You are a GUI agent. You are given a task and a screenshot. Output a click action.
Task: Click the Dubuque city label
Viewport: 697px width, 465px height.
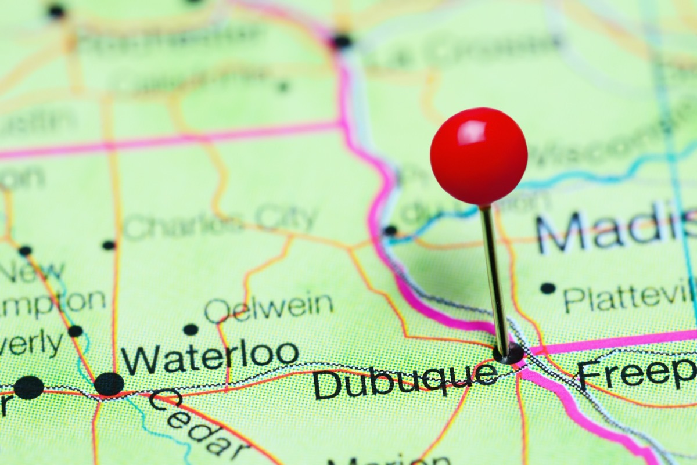coord(405,381)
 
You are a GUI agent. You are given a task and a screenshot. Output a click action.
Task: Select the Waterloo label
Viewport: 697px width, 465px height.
coord(210,356)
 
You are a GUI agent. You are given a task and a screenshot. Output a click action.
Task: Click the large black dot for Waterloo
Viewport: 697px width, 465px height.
coord(109,384)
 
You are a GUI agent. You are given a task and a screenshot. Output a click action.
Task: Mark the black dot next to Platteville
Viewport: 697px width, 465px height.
coord(548,288)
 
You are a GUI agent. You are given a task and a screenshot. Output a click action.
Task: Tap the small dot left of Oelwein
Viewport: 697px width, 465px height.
coord(191,330)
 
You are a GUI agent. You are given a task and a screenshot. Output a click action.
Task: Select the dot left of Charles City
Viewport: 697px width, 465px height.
coord(109,245)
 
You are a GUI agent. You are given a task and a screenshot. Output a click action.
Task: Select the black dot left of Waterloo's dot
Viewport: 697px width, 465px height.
coord(28,387)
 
